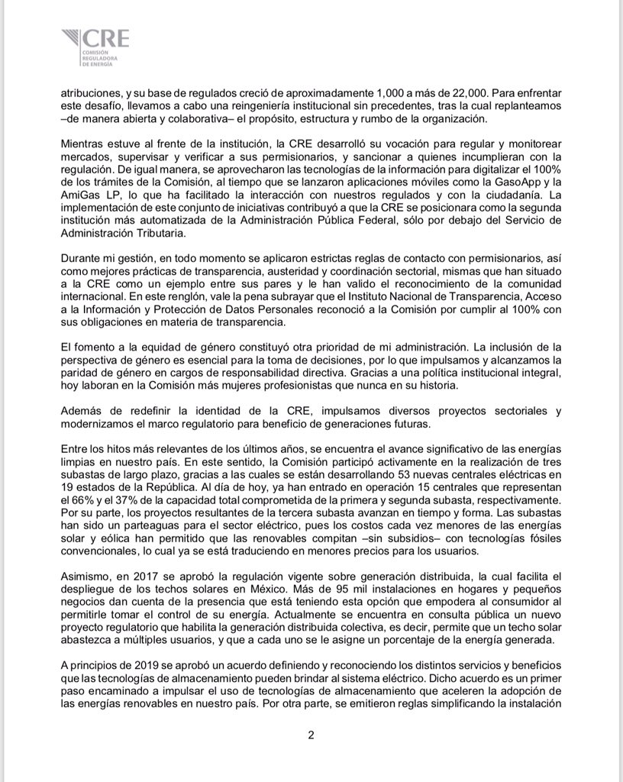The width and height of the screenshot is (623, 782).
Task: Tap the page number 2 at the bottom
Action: click(311, 735)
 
